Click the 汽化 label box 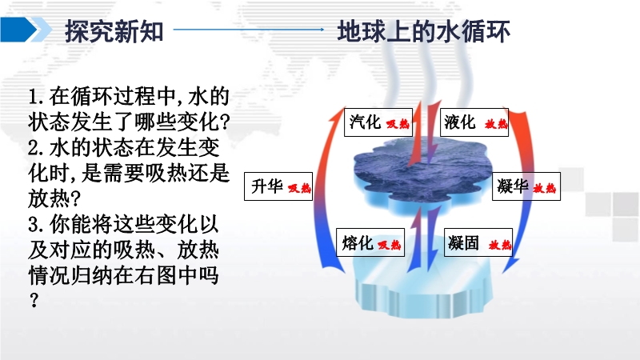point(378,122)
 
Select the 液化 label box point(474,122)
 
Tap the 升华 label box point(278,186)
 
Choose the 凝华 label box point(526,186)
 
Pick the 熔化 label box point(370,242)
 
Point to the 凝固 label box point(478,242)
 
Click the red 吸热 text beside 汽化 point(398,124)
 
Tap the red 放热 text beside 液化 point(496,124)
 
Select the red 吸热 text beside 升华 point(299,188)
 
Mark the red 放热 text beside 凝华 point(545,188)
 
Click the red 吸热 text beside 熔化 point(389,245)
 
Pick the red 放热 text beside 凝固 point(500,245)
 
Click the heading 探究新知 point(114,31)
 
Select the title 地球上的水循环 point(424,31)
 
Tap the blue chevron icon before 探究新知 point(26,30)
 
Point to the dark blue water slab point(422,174)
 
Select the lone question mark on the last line point(34,300)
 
